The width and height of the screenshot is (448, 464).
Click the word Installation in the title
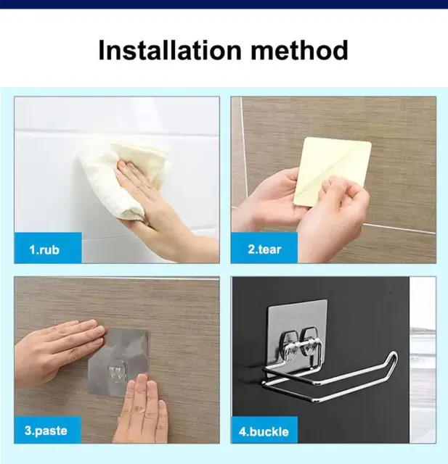tap(170, 50)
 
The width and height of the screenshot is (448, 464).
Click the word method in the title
tap(299, 50)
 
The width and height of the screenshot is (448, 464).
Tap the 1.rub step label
tap(44, 249)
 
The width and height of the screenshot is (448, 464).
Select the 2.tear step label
tap(264, 249)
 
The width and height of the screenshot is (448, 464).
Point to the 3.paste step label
tap(46, 431)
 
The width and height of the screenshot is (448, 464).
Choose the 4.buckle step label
tap(264, 432)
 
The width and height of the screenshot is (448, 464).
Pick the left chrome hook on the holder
tap(285, 345)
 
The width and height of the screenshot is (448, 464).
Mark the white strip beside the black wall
tap(423, 360)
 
